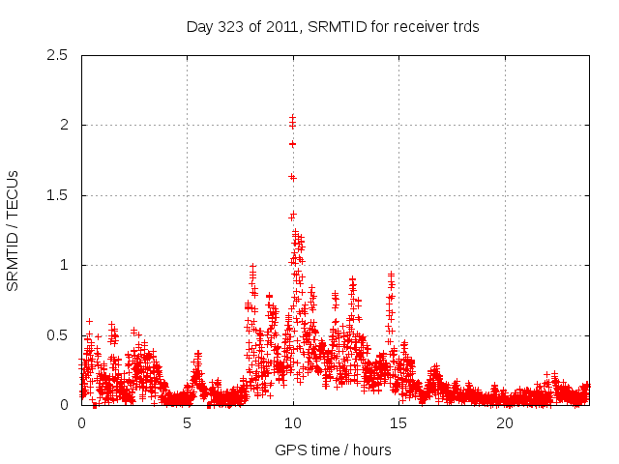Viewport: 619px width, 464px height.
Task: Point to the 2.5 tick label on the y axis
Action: [x=57, y=55]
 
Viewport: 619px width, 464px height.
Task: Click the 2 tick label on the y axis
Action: [x=64, y=125]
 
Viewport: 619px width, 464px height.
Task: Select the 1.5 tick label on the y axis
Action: [x=57, y=195]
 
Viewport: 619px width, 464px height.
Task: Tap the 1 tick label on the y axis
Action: [x=64, y=265]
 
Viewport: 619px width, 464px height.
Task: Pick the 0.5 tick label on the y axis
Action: [x=57, y=335]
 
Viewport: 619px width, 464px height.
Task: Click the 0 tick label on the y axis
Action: [x=64, y=405]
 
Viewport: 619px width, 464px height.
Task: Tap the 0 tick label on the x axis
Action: [x=81, y=423]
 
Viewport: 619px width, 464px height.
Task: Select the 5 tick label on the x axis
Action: [x=188, y=423]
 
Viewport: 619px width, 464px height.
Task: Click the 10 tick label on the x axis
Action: [x=293, y=423]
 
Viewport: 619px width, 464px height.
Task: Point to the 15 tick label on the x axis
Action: [x=399, y=423]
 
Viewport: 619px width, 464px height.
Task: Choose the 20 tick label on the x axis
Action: [x=505, y=423]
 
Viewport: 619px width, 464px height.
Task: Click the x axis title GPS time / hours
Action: [x=333, y=449]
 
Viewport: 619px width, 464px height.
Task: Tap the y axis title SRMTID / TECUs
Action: [x=14, y=230]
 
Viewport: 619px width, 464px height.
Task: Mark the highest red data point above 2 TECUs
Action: [x=292, y=117]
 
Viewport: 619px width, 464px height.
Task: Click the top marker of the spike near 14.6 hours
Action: [x=391, y=274]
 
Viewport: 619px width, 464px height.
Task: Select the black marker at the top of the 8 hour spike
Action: [x=252, y=266]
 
